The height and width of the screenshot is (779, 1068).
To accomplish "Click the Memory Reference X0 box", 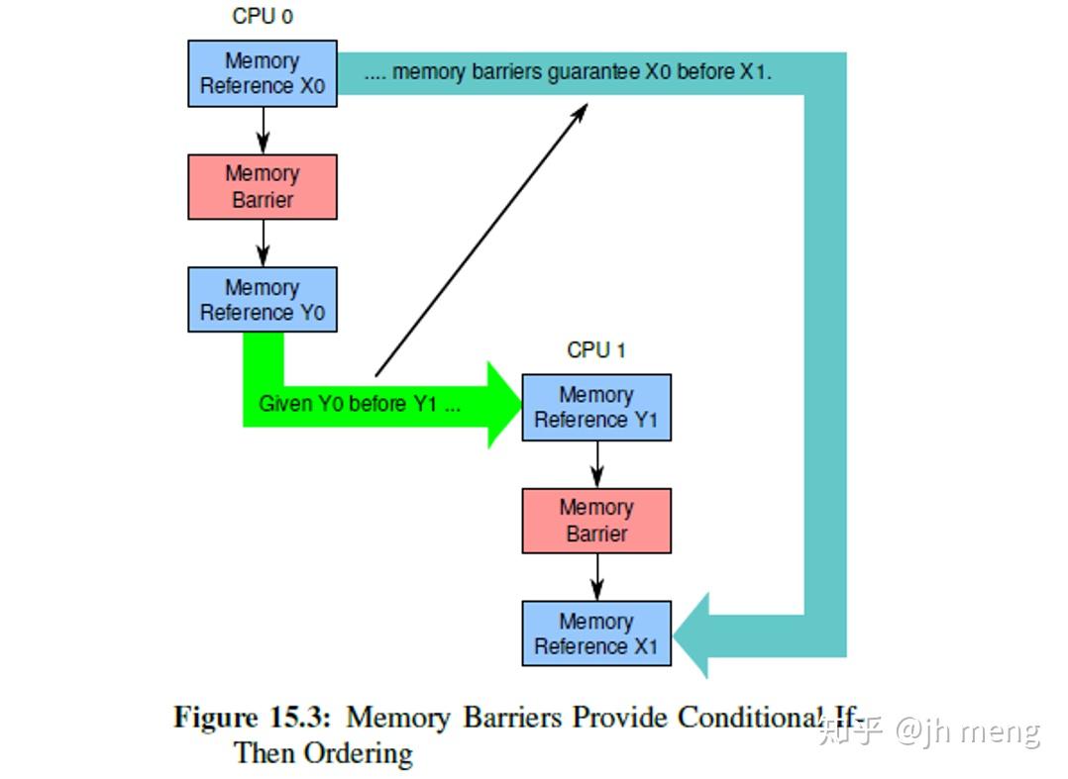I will pyautogui.click(x=263, y=73).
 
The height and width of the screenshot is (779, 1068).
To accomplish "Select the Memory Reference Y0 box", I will pyautogui.click(x=263, y=300).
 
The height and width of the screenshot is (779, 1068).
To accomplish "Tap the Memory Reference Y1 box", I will pyautogui.click(x=596, y=407).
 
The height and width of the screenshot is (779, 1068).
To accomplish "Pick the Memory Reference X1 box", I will pyautogui.click(x=596, y=633).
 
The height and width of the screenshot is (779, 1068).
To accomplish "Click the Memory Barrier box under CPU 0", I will pyautogui.click(x=263, y=186).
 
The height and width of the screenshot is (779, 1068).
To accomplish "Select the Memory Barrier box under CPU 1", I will pyautogui.click(x=596, y=521).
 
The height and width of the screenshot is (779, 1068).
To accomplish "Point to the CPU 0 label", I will pyautogui.click(x=263, y=17).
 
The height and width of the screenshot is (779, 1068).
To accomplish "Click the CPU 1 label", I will pyautogui.click(x=595, y=350).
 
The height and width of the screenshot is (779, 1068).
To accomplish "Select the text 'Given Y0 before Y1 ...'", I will pyautogui.click(x=359, y=405).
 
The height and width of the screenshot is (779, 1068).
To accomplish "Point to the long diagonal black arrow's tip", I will pyautogui.click(x=586, y=105).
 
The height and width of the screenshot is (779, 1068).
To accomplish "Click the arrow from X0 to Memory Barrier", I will pyautogui.click(x=263, y=130).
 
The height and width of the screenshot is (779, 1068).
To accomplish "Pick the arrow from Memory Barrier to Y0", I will pyautogui.click(x=263, y=243).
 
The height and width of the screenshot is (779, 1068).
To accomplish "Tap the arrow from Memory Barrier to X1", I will pyautogui.click(x=596, y=577).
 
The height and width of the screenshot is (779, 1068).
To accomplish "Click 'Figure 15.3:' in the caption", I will pyautogui.click(x=253, y=717).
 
